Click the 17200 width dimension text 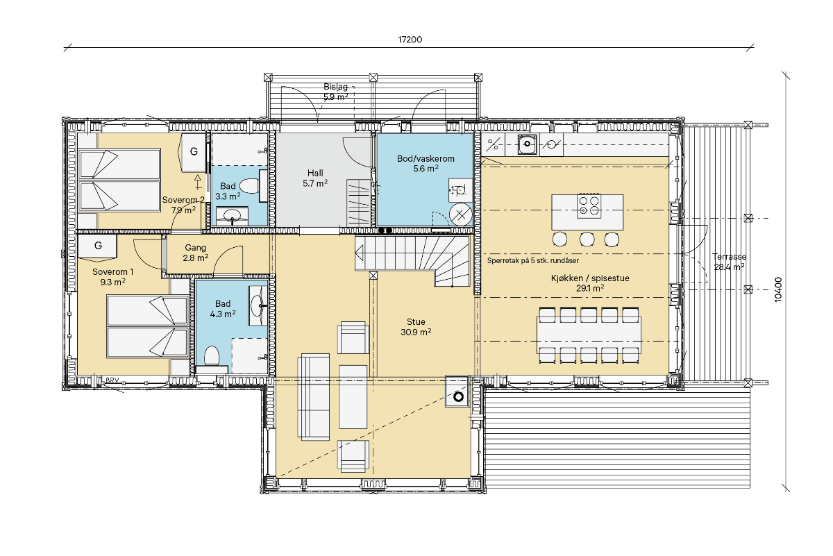click(410, 40)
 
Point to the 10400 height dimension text click(778, 289)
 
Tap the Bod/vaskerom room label click(426, 158)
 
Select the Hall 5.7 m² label click(315, 178)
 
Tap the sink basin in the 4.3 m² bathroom click(258, 305)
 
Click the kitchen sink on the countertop click(527, 144)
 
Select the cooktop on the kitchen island click(589, 205)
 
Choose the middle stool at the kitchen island click(587, 239)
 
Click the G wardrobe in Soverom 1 click(97, 246)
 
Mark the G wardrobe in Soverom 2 click(193, 152)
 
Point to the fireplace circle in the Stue click(459, 397)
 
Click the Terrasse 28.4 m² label click(729, 262)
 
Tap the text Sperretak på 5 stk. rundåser click(533, 260)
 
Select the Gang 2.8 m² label click(195, 253)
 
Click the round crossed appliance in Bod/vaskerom click(461, 214)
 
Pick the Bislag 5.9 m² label click(335, 92)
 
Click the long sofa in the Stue click(314, 397)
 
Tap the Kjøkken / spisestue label click(590, 278)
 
